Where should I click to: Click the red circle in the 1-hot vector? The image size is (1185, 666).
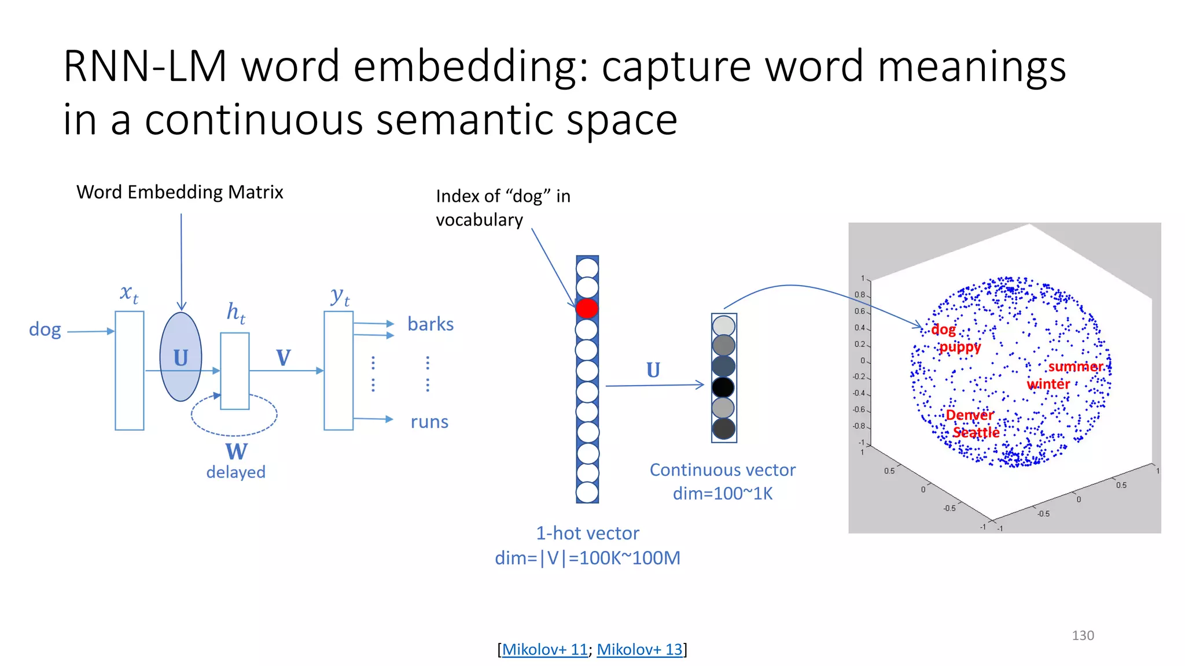click(x=587, y=308)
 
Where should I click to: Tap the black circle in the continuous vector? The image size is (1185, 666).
click(x=723, y=387)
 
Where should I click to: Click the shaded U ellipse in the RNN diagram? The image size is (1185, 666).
click(x=181, y=357)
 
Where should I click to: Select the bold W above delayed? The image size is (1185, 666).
click(x=236, y=452)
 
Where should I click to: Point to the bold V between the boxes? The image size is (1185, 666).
click(x=284, y=358)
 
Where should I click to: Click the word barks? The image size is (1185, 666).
click(x=430, y=324)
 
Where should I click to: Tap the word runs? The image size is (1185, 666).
click(x=429, y=422)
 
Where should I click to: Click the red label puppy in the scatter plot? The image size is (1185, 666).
click(x=960, y=347)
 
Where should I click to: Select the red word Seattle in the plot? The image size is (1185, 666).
click(x=976, y=432)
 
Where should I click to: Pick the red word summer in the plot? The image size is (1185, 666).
click(x=1075, y=367)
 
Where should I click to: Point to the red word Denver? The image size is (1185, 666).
click(x=969, y=415)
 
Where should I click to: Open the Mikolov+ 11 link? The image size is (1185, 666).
click(x=544, y=649)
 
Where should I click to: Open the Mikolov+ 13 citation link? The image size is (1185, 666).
click(x=639, y=649)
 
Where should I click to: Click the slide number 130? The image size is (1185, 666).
click(x=1083, y=635)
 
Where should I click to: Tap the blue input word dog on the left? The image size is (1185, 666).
click(x=45, y=330)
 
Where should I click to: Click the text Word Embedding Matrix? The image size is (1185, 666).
click(x=180, y=192)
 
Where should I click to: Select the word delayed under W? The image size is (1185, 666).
click(x=236, y=472)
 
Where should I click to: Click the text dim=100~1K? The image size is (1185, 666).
click(x=723, y=494)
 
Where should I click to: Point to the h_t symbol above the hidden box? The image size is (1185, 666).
click(x=235, y=312)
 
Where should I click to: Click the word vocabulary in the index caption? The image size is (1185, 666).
click(x=479, y=220)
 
